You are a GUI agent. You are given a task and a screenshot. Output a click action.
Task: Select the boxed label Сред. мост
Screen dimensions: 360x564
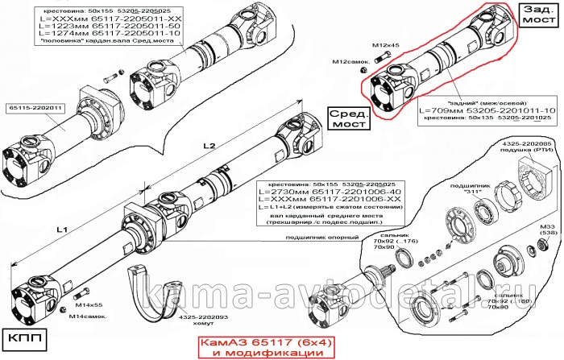(x=348, y=121)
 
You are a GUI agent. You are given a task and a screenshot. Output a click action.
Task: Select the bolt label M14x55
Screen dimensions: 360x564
(x=90, y=307)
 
